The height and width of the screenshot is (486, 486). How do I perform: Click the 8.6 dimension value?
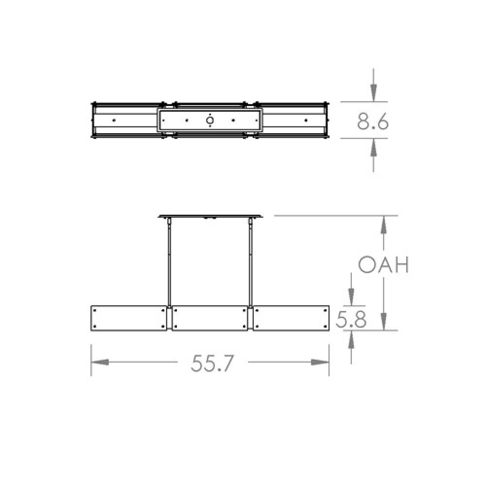(x=373, y=122)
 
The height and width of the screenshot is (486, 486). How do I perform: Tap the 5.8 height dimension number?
(x=351, y=319)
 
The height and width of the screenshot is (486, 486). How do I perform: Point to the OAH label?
(x=383, y=265)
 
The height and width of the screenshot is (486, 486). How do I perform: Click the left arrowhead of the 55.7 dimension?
(x=100, y=363)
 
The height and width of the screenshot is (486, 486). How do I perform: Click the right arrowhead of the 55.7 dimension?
(x=320, y=363)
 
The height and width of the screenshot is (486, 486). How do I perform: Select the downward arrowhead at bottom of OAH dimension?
(x=384, y=321)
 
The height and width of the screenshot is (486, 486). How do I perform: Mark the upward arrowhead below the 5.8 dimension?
(x=351, y=340)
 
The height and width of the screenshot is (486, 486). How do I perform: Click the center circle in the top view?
(x=209, y=120)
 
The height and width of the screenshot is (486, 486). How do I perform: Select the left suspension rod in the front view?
(x=169, y=262)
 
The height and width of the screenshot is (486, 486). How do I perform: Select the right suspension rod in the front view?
(x=250, y=262)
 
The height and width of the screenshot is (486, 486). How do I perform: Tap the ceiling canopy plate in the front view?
(x=210, y=216)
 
